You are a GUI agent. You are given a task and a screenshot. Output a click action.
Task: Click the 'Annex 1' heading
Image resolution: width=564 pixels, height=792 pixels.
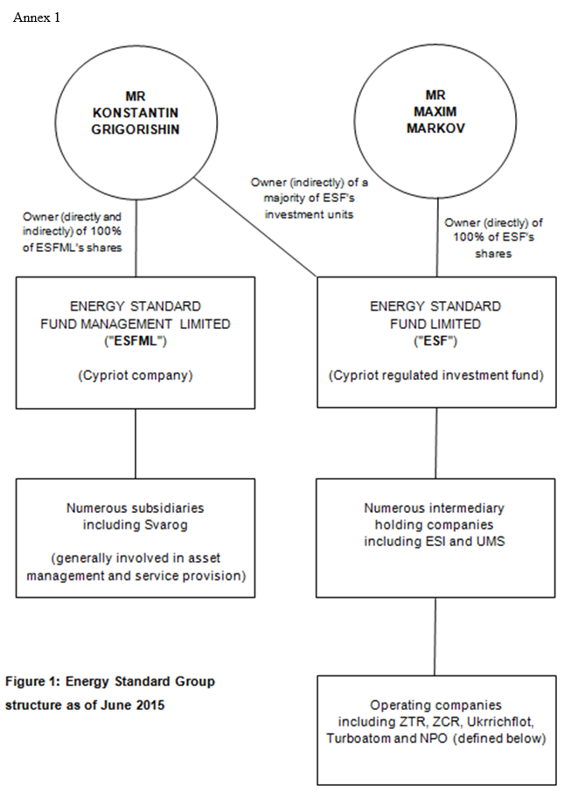pos(37,18)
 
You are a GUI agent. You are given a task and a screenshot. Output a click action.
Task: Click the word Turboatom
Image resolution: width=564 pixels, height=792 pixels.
pos(355,739)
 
